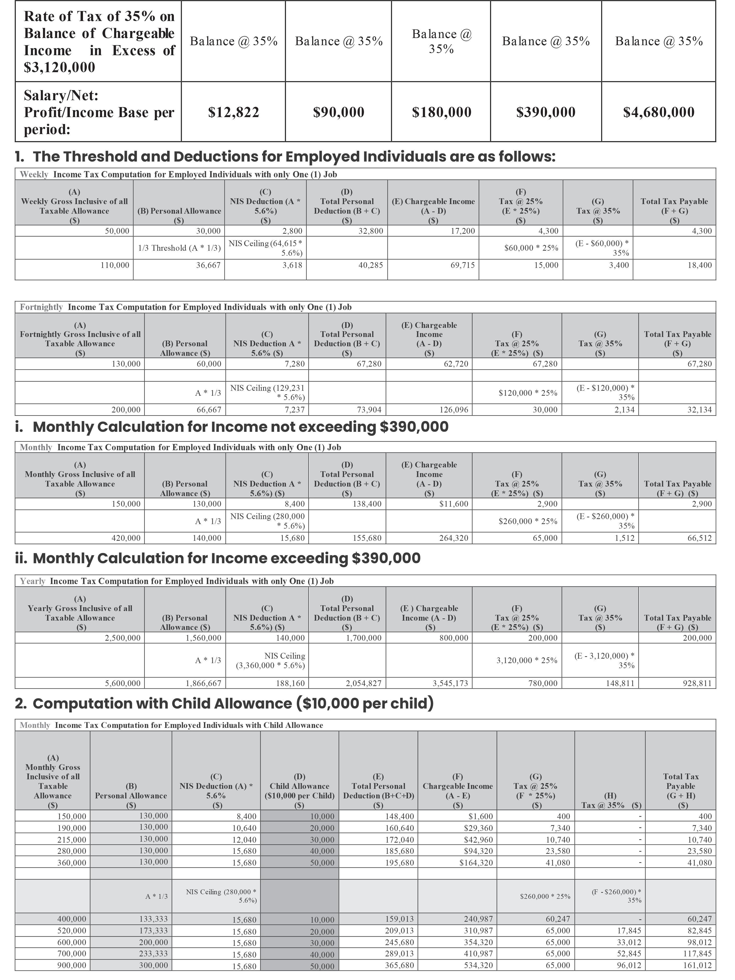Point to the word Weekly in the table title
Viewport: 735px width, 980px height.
point(34,174)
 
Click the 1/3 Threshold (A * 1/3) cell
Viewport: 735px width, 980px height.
point(179,248)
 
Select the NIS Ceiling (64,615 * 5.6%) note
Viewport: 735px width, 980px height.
point(266,248)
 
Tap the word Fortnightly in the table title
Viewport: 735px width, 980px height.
point(41,307)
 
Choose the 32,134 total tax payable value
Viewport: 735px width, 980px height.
point(698,410)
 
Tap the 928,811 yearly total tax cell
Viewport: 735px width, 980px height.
point(698,683)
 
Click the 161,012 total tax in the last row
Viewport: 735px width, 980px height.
point(698,965)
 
